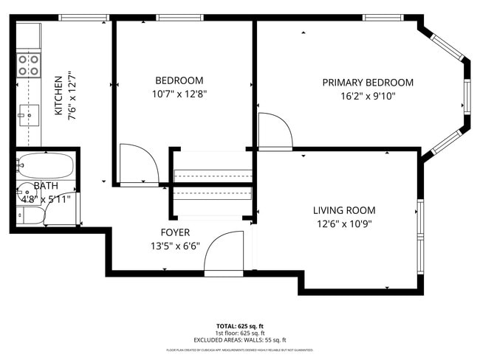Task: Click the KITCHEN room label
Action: pos(58,96)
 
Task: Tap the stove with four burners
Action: pos(29,66)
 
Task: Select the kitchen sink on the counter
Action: pos(29,114)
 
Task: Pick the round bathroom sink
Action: pos(24,188)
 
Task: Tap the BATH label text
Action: pos(45,187)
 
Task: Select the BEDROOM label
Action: pos(179,80)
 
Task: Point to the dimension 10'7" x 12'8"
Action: pos(179,94)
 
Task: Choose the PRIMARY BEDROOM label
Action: pos(368,83)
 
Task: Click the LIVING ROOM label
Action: pos(344,210)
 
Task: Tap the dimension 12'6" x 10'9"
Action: pos(344,223)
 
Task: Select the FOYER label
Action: pos(176,232)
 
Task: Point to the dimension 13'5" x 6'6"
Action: pos(176,246)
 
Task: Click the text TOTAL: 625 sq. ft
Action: pos(240,325)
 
